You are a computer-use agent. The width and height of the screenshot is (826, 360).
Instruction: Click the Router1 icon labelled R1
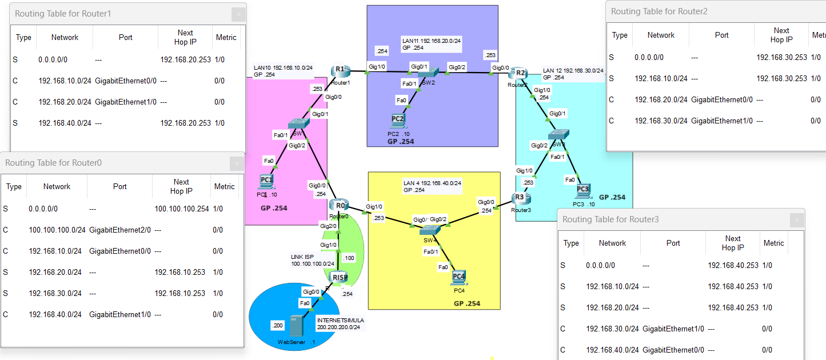pos(340,70)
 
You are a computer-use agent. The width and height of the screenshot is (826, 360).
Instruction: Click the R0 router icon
pos(340,205)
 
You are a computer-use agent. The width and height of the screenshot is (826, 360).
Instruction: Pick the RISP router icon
pos(340,278)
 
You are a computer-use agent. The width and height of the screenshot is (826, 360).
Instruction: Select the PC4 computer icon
pos(458,278)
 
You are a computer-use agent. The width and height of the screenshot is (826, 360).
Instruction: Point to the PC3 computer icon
pos(582,190)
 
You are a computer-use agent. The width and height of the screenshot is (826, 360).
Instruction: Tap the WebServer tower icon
pos(296,326)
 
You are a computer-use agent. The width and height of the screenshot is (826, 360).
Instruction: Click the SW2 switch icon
pos(425,71)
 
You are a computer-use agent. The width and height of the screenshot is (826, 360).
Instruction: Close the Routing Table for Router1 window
pos(238,14)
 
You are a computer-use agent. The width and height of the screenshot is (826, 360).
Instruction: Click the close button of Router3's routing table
pos(796,219)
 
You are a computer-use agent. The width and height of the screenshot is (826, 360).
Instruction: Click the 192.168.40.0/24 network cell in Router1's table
pos(65,123)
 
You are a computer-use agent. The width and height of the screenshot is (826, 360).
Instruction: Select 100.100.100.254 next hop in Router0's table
pos(181,209)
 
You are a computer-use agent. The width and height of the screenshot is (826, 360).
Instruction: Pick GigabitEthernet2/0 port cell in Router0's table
pos(119,230)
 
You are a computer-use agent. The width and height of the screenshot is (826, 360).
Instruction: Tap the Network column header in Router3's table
pos(612,243)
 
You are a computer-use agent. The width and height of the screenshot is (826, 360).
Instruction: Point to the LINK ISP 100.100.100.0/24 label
pos(312,261)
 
